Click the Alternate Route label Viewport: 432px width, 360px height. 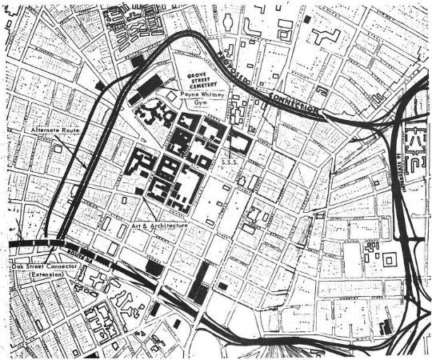(x=53, y=129)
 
